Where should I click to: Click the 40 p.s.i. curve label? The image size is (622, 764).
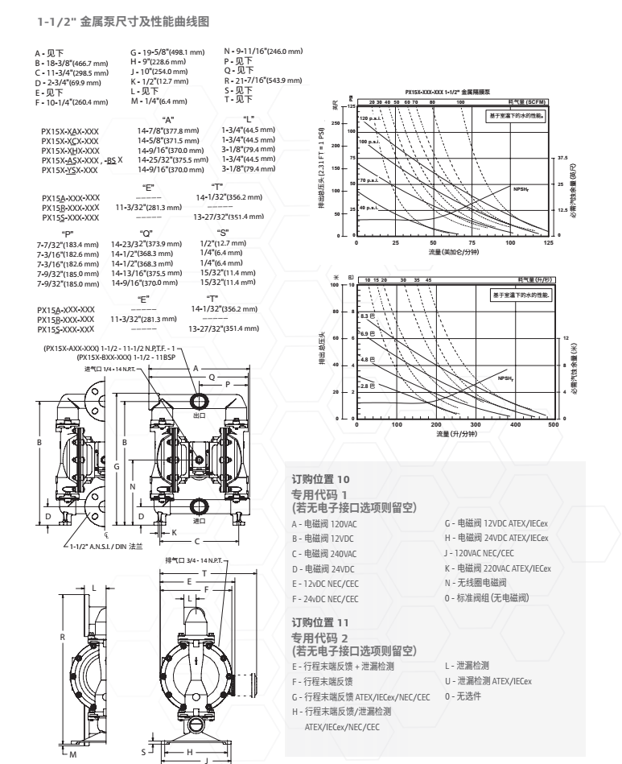pos(367,209)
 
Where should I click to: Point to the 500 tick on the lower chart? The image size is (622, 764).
pos(552,423)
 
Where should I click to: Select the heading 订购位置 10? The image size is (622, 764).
pos(320,480)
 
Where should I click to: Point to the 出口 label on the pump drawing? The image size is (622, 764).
pos(199,416)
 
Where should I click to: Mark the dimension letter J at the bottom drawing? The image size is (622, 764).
pos(207,758)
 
